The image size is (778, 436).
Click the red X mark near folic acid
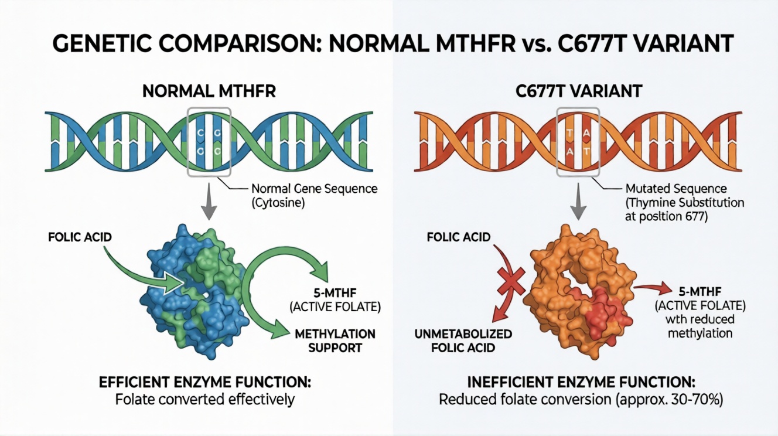pos(510,284)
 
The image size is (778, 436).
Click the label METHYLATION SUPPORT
pos(336,340)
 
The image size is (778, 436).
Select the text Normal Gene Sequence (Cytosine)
pos(313,196)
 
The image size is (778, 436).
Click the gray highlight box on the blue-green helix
pos(209,141)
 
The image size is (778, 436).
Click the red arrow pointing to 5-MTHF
pos(650,287)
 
